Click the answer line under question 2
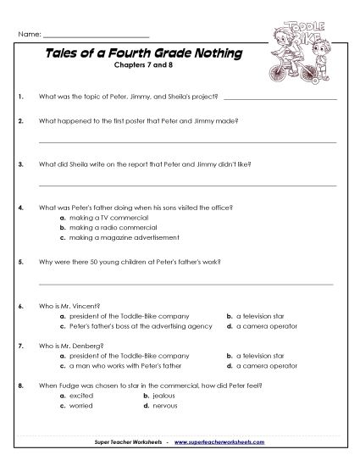pyautogui.click(x=187, y=141)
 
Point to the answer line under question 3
pyautogui.click(x=187, y=183)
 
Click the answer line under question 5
pyautogui.click(x=187, y=282)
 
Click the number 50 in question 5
pyautogui.click(x=86, y=263)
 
